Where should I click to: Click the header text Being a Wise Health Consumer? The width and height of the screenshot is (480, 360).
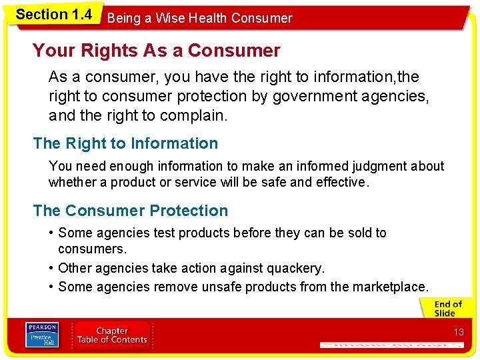[x=199, y=18]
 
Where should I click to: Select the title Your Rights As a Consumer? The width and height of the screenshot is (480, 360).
[x=156, y=51]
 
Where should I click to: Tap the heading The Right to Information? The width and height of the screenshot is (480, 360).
[x=125, y=143]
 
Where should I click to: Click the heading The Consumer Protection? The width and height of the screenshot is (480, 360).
[x=130, y=211]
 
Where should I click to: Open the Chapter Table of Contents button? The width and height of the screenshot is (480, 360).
[x=111, y=335]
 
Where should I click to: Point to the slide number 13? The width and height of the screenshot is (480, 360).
[x=459, y=332]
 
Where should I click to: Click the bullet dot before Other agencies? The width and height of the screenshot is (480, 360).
[x=51, y=269]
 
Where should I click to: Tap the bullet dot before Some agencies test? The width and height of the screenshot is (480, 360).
[x=51, y=233]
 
